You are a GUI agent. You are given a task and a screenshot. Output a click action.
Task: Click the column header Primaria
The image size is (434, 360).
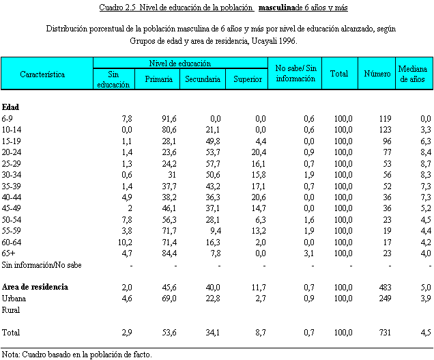click(x=158, y=80)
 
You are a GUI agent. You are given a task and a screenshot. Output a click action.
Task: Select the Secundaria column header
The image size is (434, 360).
click(x=203, y=80)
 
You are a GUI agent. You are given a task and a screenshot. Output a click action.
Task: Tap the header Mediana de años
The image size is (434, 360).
click(x=412, y=74)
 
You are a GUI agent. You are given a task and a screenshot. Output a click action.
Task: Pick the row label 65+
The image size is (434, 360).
click(x=10, y=253)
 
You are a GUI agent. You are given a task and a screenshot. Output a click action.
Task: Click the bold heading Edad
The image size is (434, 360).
click(x=11, y=107)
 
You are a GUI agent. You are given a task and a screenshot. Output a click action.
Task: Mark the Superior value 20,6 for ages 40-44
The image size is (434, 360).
click(x=257, y=197)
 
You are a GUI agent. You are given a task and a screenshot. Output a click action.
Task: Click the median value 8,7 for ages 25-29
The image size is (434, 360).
click(x=426, y=163)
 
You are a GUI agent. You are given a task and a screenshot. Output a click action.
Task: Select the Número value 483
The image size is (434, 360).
click(x=385, y=287)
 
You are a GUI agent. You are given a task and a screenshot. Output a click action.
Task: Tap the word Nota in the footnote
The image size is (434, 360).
click(x=10, y=355)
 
